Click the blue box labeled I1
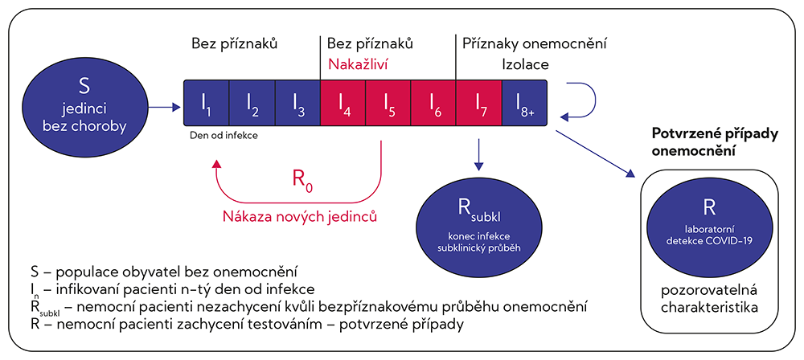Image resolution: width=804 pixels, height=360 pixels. tap(206, 103)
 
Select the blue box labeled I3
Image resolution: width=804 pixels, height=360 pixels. tap(297, 103)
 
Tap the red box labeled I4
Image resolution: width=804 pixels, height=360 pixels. tap(343, 103)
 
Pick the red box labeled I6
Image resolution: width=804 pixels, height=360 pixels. tap(433, 103)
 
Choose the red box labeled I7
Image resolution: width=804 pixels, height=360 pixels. tap(478, 103)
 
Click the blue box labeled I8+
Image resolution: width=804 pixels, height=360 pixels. tap(523, 103)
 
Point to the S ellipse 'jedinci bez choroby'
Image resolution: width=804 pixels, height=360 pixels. tap(85, 107)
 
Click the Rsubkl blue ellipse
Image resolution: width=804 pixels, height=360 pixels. tap(479, 225)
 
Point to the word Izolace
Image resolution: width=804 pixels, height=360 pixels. tap(526, 64)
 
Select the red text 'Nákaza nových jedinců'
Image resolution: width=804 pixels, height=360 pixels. tap(300, 216)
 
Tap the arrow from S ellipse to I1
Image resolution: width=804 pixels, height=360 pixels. tap(165, 107)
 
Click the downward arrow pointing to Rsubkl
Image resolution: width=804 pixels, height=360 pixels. tap(478, 153)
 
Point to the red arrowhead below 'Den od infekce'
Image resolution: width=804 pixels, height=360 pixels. tap(217, 162)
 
